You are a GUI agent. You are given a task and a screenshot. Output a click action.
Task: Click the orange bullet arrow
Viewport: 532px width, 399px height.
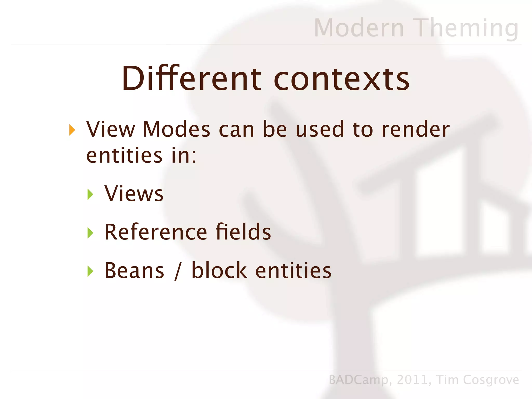72,130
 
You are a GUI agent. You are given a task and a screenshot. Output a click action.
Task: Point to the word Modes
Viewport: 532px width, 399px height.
176,129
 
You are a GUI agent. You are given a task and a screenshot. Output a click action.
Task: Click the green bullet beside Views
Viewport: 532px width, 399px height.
90,194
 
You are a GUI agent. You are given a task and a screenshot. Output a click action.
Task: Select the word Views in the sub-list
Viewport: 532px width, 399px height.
134,194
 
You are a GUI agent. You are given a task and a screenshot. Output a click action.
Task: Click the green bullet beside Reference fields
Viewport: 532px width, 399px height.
90,233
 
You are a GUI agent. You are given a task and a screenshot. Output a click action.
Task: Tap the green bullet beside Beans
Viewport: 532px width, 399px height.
90,271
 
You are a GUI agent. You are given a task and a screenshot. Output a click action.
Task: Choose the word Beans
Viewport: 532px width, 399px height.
134,270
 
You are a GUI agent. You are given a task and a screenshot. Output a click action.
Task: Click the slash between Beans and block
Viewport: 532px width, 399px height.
178,271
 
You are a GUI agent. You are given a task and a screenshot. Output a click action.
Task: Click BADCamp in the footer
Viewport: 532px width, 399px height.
358,380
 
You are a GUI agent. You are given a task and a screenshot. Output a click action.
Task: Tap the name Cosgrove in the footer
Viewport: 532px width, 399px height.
491,380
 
